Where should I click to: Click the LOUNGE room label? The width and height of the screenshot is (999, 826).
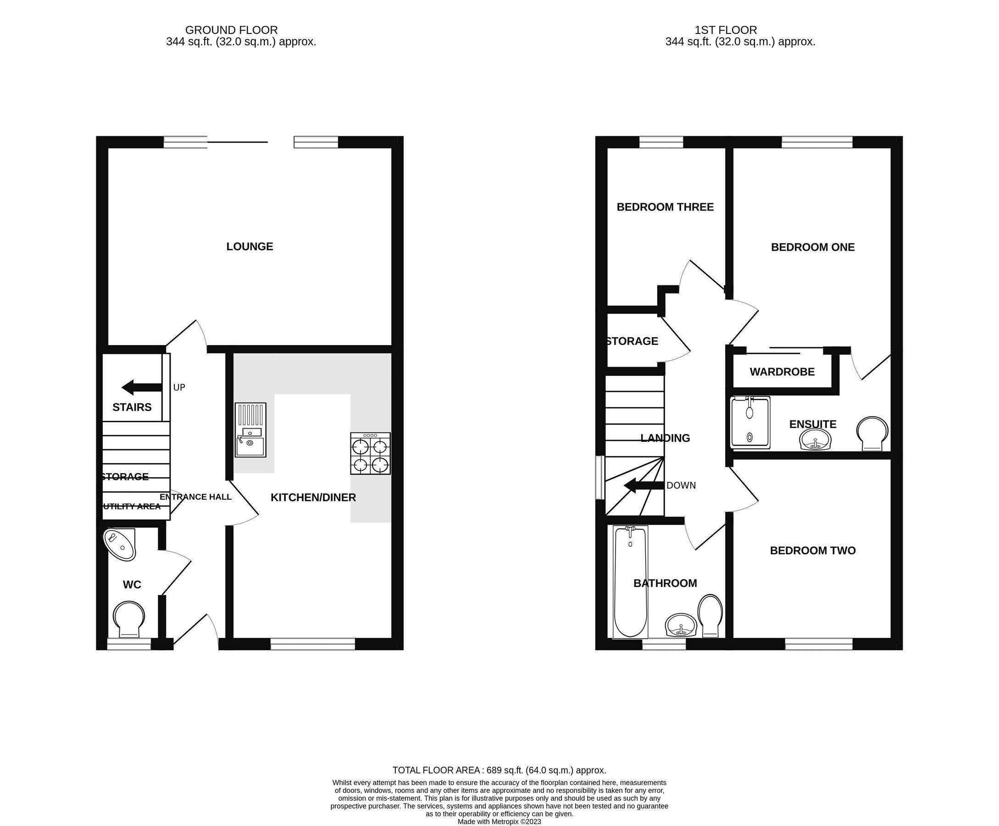249,246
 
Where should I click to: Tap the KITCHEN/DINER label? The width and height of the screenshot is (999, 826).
313,497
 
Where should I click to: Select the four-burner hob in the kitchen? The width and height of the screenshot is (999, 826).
371,453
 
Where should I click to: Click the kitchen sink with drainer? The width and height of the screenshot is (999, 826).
250,430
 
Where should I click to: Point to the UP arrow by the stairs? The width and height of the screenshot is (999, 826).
142,387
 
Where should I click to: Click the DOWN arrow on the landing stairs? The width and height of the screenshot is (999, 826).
644,486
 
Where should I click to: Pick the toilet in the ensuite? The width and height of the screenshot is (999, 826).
872,434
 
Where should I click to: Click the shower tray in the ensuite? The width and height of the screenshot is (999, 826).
750,423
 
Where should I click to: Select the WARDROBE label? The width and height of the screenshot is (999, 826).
782,372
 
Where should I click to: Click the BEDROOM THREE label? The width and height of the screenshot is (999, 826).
665,207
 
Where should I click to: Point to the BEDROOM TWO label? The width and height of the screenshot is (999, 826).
812,551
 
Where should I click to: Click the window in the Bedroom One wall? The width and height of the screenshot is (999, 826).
816,142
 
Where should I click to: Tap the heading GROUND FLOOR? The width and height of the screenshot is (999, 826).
231,30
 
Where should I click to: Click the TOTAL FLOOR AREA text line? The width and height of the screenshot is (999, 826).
499,770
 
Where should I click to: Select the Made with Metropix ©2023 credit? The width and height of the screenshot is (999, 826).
499,821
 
